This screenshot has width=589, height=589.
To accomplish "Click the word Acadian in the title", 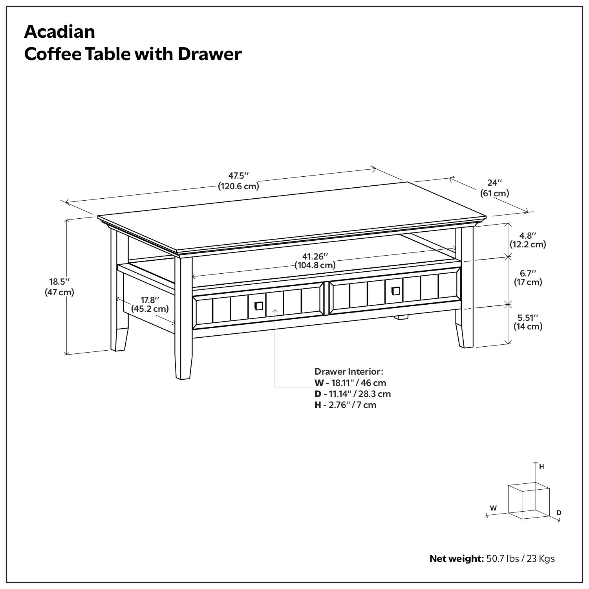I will tap(59, 31).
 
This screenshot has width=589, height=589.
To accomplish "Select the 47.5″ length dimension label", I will tap(239, 176).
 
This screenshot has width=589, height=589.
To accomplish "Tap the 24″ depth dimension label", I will tap(494, 183).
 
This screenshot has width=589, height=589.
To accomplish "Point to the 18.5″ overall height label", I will tap(59, 282).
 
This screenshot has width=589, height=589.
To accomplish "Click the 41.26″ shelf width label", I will tap(315, 256).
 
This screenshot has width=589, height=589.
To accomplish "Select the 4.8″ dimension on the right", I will tap(528, 236).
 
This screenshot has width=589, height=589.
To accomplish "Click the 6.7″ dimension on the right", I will tap(528, 273).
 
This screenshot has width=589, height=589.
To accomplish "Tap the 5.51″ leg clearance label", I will tap(528, 317).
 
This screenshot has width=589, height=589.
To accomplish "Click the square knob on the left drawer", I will tap(259, 305).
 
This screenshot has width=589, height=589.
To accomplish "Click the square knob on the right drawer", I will tap(396, 291).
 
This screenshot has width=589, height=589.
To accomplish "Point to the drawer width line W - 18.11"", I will tap(350, 383).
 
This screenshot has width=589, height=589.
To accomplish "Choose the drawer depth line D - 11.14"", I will tap(352, 394).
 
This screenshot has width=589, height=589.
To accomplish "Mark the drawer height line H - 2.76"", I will tap(345, 405).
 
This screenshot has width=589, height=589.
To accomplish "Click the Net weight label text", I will tap(456, 558).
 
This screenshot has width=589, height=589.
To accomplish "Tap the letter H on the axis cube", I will tap(541, 466).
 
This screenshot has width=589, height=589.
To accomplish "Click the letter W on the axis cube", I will tap(493, 508).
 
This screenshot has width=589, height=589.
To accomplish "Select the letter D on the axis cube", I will tap(559, 512).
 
